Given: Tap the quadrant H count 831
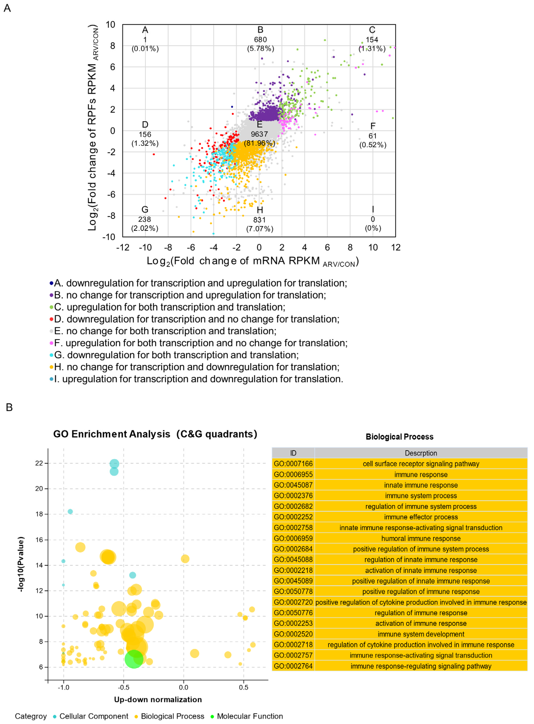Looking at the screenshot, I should (259, 220).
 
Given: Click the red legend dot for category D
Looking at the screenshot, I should (51, 319).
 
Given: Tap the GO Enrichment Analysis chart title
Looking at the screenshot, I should (155, 434).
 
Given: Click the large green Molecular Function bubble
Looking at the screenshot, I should (134, 659).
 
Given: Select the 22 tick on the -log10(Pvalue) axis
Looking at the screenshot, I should (39, 463).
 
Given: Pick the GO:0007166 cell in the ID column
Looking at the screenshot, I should (293, 464).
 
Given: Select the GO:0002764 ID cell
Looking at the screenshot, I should (293, 666).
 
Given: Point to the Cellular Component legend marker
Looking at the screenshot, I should (55, 717).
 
